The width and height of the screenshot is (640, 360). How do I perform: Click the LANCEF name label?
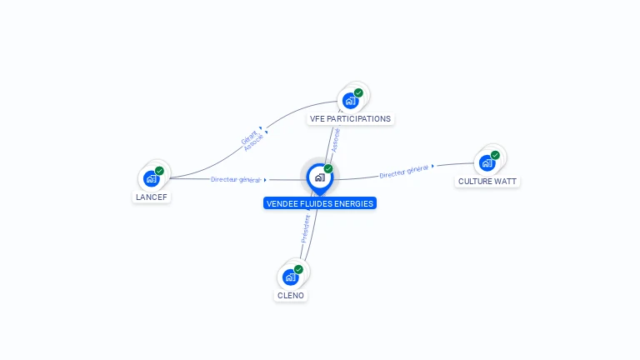pyautogui.click(x=152, y=197)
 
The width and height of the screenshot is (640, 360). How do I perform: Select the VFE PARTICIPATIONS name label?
pyautogui.click(x=350, y=119)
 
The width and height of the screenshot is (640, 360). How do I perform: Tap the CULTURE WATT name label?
pyautogui.click(x=487, y=181)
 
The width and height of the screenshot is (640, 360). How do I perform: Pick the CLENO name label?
pyautogui.click(x=291, y=296)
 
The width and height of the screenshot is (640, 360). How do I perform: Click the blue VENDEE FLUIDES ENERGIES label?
pyautogui.click(x=320, y=203)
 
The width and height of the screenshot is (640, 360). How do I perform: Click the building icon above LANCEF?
pyautogui.click(x=151, y=178)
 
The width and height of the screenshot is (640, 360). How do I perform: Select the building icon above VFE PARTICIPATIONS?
pyautogui.click(x=350, y=101)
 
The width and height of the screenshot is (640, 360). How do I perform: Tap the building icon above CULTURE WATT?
pyautogui.click(x=487, y=162)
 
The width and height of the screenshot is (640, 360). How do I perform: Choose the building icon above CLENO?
pyautogui.click(x=290, y=277)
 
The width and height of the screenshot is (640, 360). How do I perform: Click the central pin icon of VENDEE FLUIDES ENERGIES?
pyautogui.click(x=319, y=177)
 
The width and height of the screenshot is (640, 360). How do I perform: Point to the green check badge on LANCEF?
pyautogui.click(x=159, y=171)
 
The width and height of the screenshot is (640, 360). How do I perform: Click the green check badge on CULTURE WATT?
pyautogui.click(x=495, y=155)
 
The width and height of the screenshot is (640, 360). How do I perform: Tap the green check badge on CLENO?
pyautogui.click(x=298, y=269)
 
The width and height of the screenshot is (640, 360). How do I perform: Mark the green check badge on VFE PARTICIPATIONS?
pyautogui.click(x=358, y=92)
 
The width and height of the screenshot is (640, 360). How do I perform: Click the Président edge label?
pyautogui.click(x=306, y=228)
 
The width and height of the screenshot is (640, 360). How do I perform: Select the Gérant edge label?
pyautogui.click(x=248, y=136)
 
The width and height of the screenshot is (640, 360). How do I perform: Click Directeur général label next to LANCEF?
pyautogui.click(x=236, y=179)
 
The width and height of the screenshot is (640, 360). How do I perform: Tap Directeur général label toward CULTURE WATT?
pyautogui.click(x=404, y=172)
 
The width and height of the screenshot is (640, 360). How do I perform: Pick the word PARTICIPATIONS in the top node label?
pyautogui.click(x=359, y=119)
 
